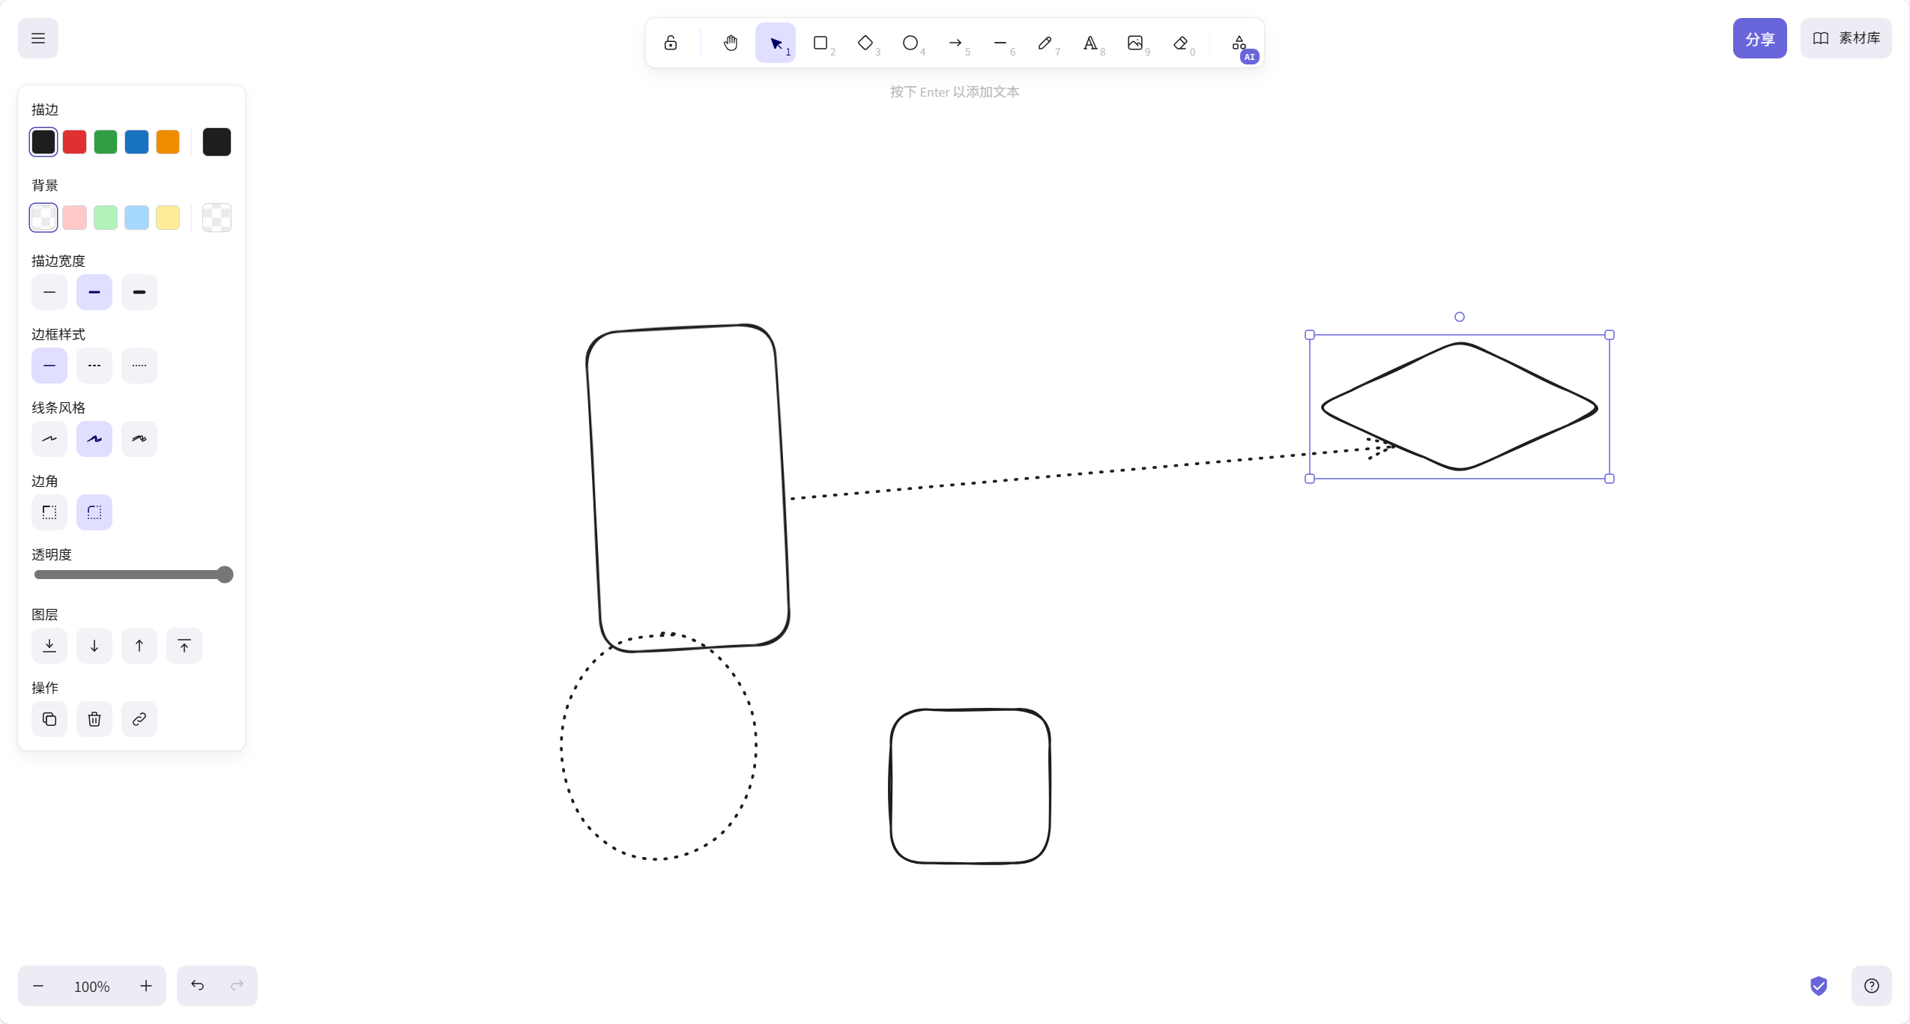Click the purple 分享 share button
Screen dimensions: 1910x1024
pyautogui.click(x=1759, y=38)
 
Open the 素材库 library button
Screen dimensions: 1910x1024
pyautogui.click(x=1846, y=38)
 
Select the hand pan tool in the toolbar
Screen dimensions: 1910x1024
pyautogui.click(x=731, y=43)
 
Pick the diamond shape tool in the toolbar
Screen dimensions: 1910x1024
pyautogui.click(x=865, y=43)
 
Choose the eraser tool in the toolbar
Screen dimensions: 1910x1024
pyautogui.click(x=1180, y=43)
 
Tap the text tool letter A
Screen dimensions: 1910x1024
pyautogui.click(x=1090, y=43)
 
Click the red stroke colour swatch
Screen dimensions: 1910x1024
pyautogui.click(x=74, y=142)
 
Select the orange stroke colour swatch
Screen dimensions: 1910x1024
pyautogui.click(x=168, y=142)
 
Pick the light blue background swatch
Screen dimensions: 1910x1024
pyautogui.click(x=136, y=217)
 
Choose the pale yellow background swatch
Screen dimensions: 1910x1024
pyautogui.click(x=168, y=217)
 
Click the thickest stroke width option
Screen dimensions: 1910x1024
pyautogui.click(x=139, y=292)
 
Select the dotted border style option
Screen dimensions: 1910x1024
pyautogui.click(x=139, y=366)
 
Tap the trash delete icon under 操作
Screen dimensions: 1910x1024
pyautogui.click(x=94, y=719)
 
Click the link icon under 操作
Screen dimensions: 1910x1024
pyautogui.click(x=139, y=719)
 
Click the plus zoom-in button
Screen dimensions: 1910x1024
pyautogui.click(x=146, y=986)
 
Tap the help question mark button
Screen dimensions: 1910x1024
pyautogui.click(x=1871, y=986)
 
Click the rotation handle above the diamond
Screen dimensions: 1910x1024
pyautogui.click(x=1460, y=317)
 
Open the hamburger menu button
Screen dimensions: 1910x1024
pyautogui.click(x=38, y=38)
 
